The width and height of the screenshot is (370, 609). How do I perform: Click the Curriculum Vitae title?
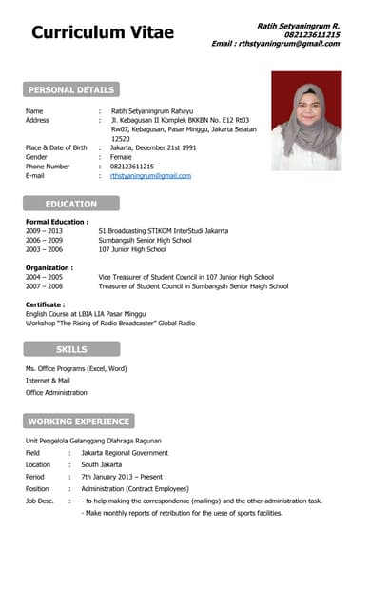tap(103, 32)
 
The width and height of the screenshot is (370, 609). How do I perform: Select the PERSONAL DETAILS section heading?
tap(71, 90)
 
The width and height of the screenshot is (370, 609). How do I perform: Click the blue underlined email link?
tap(150, 176)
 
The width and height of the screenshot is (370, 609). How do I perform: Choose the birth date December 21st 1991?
tap(153, 148)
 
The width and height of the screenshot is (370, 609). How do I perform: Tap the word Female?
tap(121, 157)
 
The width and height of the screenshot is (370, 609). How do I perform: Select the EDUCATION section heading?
tap(71, 204)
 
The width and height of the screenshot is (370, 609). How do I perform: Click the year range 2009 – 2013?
tap(44, 231)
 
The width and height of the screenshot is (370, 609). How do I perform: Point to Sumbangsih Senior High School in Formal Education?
tap(145, 241)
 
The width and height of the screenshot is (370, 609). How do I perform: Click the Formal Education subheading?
tap(57, 222)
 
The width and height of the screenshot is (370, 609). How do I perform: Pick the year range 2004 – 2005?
tap(44, 277)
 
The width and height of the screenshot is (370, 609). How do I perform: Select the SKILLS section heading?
tap(71, 349)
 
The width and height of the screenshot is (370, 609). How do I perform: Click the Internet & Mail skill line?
tap(48, 381)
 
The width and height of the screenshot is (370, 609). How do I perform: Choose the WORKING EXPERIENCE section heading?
tap(79, 421)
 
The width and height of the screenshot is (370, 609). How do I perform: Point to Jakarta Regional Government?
tap(124, 453)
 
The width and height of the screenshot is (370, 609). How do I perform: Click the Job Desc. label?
tap(40, 500)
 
